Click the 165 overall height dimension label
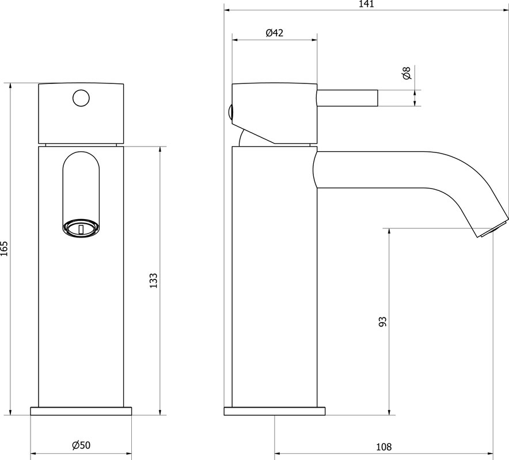(x=4, y=248)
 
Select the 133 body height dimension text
(x=153, y=281)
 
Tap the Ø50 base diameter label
(x=81, y=445)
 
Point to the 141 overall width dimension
(x=367, y=4)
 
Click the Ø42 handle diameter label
(x=274, y=33)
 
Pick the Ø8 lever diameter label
(x=407, y=73)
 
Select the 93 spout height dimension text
(x=383, y=321)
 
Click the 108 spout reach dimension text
(x=383, y=447)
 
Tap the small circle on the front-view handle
(x=81, y=98)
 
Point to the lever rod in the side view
(x=347, y=98)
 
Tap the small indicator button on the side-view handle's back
(x=230, y=112)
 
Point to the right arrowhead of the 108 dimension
(x=489, y=454)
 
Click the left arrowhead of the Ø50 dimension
(x=34, y=454)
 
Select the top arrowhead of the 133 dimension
(x=160, y=151)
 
